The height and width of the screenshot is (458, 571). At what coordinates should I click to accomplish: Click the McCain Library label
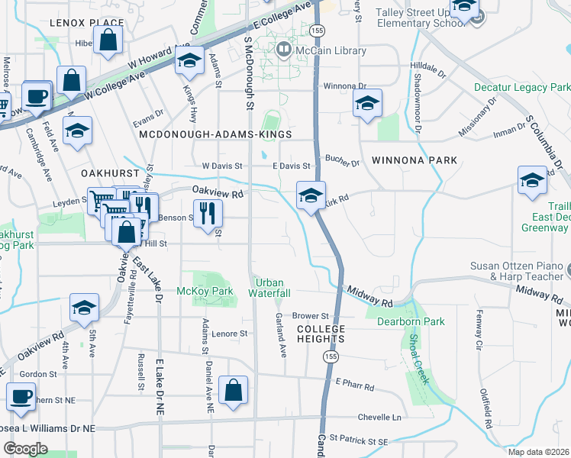331,51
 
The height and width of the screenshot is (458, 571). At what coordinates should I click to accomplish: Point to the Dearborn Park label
411,321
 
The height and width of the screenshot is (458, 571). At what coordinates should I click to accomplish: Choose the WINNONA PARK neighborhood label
415,160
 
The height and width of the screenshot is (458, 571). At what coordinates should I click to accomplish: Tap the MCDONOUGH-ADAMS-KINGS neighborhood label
216,134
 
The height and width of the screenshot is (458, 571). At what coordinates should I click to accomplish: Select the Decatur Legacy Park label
522,88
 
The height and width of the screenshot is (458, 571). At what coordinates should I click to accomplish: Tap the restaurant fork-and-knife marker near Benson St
205,213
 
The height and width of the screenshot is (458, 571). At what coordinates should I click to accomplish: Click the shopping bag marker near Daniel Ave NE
233,389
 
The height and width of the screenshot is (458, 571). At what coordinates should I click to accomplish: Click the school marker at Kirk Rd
311,195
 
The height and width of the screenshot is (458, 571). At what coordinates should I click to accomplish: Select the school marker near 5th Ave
83,308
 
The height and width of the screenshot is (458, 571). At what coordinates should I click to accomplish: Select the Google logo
25,449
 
